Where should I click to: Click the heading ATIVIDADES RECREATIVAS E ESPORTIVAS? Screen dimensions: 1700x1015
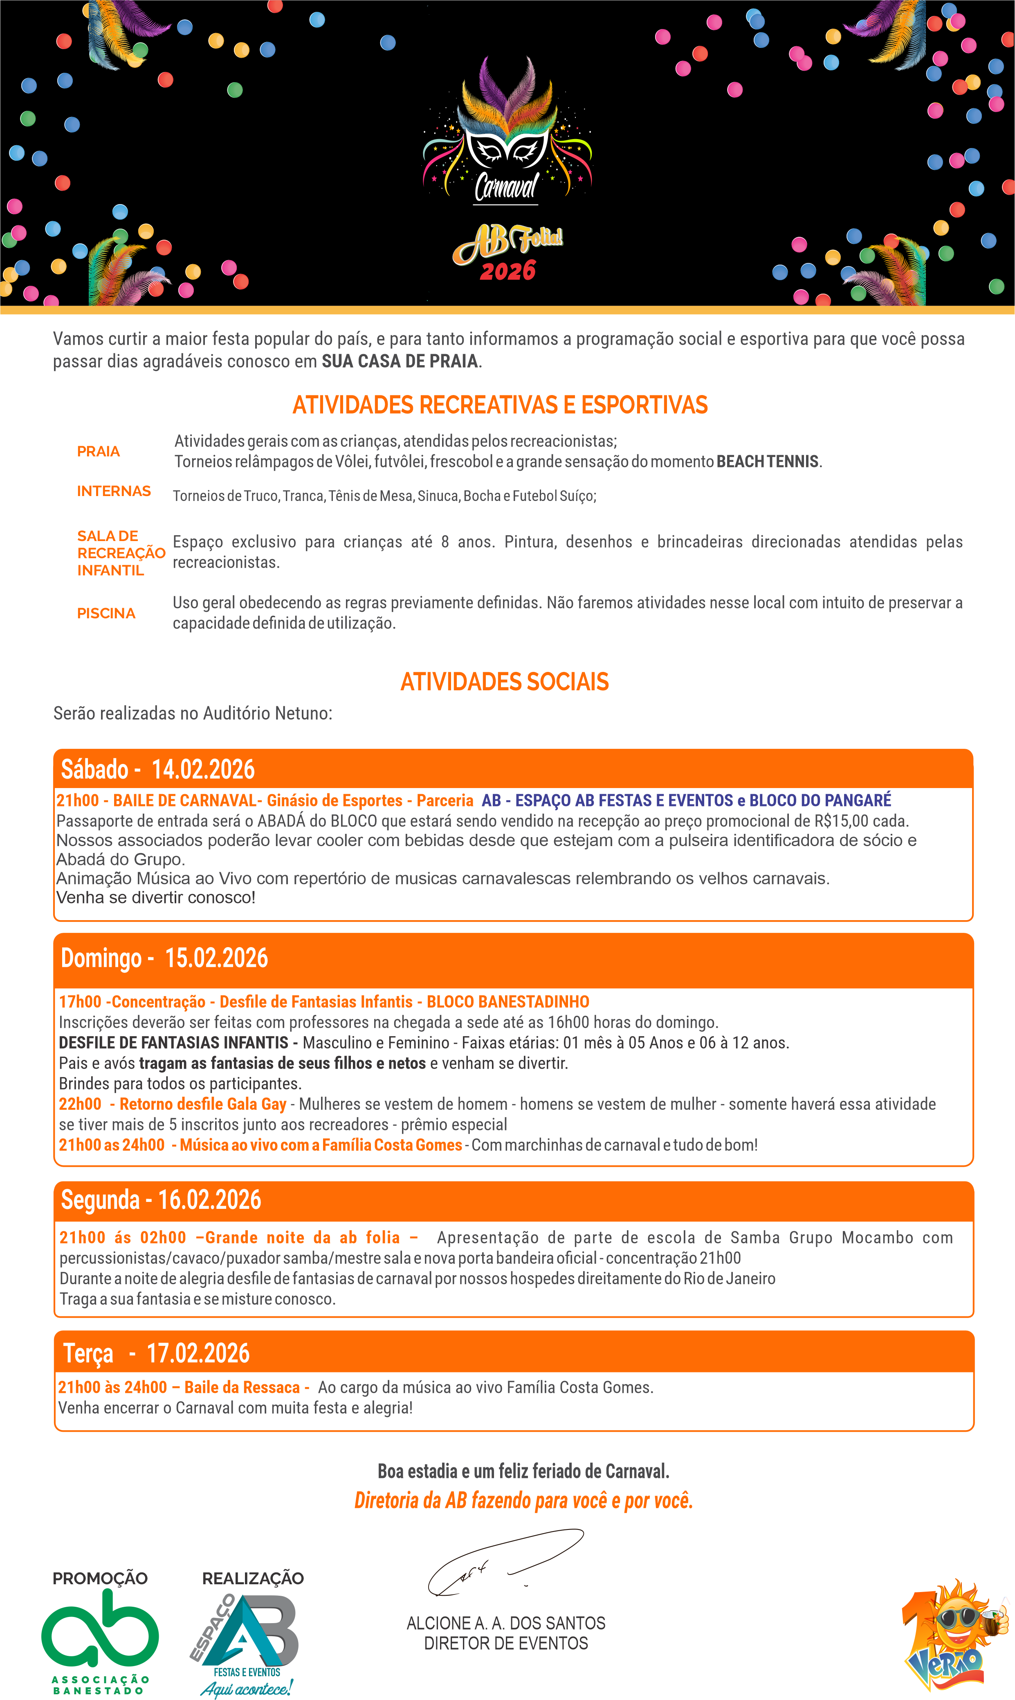500,405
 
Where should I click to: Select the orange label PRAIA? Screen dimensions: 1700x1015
99,451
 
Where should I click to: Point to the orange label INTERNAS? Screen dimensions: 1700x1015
114,491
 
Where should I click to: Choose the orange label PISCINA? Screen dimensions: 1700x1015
106,613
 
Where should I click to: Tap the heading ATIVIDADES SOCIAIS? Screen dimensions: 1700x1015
504,682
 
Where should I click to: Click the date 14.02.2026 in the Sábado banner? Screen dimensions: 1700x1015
203,769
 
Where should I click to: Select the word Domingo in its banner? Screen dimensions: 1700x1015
101,958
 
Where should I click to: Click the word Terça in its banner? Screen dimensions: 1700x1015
88,1353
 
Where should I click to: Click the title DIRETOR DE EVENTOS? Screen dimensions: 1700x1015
506,1643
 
